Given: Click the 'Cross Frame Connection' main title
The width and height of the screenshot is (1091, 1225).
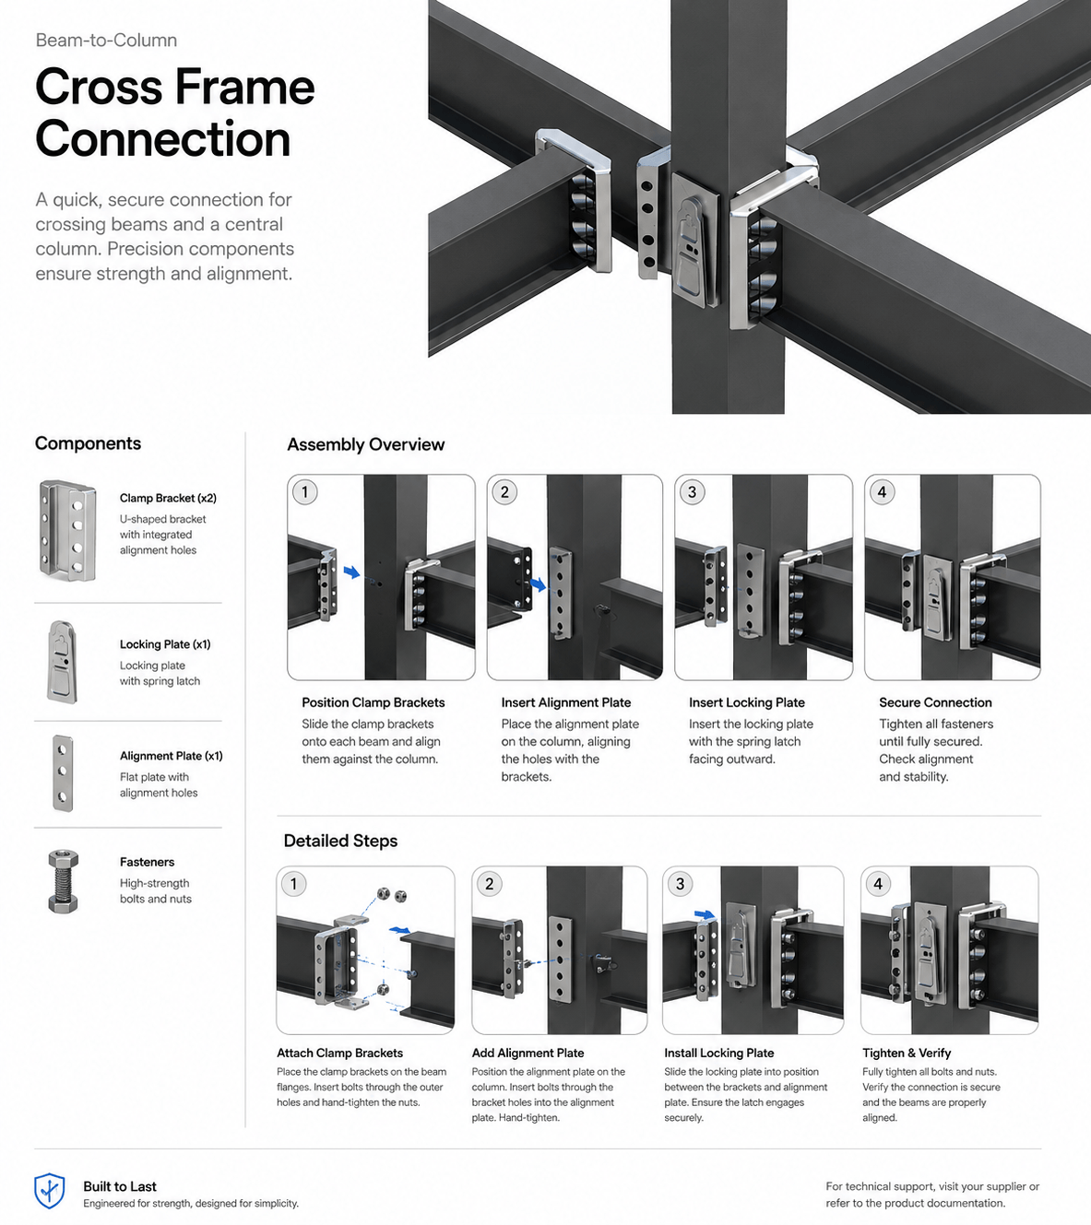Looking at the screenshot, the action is click(x=175, y=112).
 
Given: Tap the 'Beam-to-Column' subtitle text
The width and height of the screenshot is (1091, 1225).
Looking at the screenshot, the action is click(x=106, y=41).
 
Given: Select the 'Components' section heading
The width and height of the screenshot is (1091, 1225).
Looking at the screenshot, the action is click(x=88, y=443).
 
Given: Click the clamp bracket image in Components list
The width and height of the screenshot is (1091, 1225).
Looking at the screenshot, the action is click(x=67, y=530).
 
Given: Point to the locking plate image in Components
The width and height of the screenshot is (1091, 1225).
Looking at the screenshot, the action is click(x=63, y=662).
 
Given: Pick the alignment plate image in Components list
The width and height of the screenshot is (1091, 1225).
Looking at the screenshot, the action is click(x=63, y=773).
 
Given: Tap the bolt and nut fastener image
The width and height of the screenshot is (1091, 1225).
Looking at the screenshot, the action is click(x=63, y=881).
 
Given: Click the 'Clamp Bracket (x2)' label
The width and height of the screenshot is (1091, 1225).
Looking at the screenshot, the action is click(x=168, y=499).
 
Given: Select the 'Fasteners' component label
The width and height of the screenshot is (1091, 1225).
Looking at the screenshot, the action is click(x=147, y=862).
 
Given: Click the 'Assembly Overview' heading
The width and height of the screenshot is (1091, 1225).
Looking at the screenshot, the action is click(x=365, y=444).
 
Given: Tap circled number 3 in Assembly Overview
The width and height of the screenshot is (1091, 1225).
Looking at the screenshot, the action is click(x=693, y=492).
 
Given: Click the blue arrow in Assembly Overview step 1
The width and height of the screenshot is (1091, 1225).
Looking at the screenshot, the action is click(x=351, y=572).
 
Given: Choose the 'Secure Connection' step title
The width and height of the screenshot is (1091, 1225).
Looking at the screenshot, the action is click(x=935, y=702).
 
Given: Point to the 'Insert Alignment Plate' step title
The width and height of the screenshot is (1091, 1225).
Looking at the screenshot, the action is click(x=565, y=702).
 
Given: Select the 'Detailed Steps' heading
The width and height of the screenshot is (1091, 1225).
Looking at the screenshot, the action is click(x=340, y=841).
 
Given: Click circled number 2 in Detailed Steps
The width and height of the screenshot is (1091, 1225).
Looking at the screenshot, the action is click(x=490, y=885).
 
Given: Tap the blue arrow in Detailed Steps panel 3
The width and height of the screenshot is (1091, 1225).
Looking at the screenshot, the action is click(x=704, y=914).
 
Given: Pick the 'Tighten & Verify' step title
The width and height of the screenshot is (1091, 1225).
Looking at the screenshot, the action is click(x=907, y=1053).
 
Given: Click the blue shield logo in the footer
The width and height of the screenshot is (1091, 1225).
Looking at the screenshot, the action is click(x=49, y=1191).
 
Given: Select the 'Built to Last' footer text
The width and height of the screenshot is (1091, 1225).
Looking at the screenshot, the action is click(x=120, y=1186).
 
